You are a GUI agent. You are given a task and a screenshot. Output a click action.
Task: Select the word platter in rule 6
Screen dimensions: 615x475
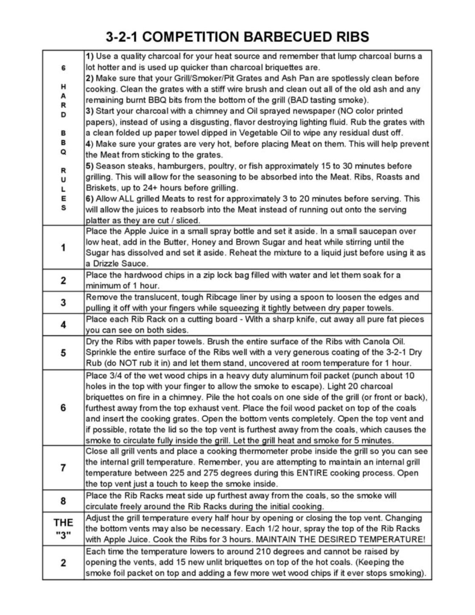click(98, 220)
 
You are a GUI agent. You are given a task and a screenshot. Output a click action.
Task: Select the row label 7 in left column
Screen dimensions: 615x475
click(63, 468)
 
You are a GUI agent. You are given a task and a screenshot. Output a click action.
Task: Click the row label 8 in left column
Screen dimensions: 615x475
click(63, 501)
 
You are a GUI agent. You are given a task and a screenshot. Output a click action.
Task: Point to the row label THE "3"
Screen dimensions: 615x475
click(63, 529)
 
